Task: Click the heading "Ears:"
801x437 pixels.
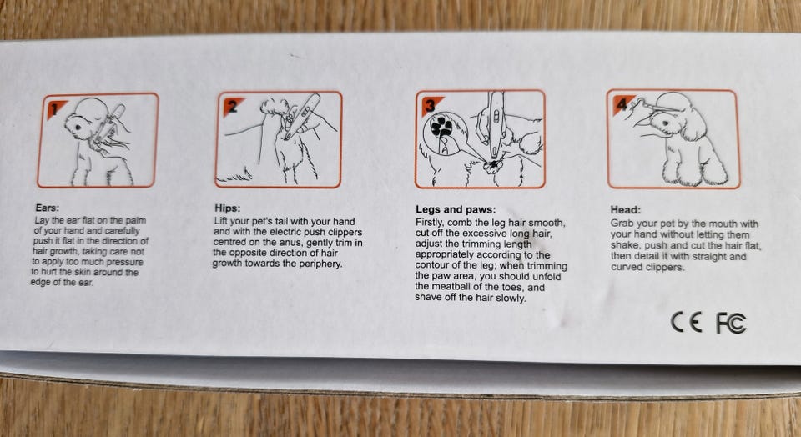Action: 47,208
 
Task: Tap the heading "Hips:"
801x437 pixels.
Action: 227,208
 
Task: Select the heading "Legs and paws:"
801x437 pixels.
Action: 456,209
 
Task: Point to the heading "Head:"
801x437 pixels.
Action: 625,210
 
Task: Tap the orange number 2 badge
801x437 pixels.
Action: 233,106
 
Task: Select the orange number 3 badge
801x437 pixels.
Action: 431,105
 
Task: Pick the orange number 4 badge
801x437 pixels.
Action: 622,103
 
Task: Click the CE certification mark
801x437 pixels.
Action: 686,322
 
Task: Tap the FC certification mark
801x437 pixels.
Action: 731,323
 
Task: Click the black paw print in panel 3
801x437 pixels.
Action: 441,126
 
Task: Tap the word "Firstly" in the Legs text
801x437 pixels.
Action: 431,223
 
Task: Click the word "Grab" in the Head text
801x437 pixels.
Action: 622,224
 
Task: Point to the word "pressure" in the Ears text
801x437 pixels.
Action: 126,262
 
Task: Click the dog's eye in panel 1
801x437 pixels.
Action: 78,126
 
